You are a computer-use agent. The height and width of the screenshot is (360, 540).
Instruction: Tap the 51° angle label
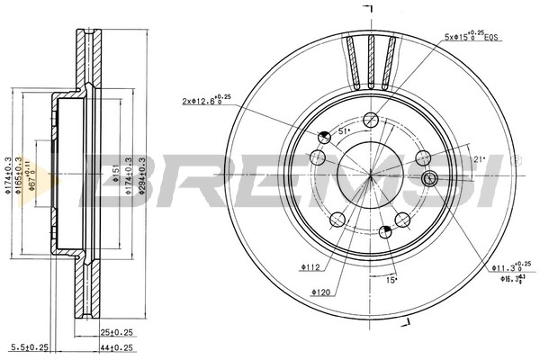tap(344, 131)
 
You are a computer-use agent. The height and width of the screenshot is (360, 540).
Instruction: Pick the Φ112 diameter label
tap(312, 266)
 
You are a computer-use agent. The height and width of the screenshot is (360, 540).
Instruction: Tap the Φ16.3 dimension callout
tap(510, 280)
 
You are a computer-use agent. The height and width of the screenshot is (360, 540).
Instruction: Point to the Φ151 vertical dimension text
tap(115, 174)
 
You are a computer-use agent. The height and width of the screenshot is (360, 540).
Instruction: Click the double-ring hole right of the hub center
tap(429, 178)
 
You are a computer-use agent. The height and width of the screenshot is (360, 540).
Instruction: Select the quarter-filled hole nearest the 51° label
tap(324, 136)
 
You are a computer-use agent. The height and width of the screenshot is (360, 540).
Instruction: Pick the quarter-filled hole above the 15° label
tap(385, 232)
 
